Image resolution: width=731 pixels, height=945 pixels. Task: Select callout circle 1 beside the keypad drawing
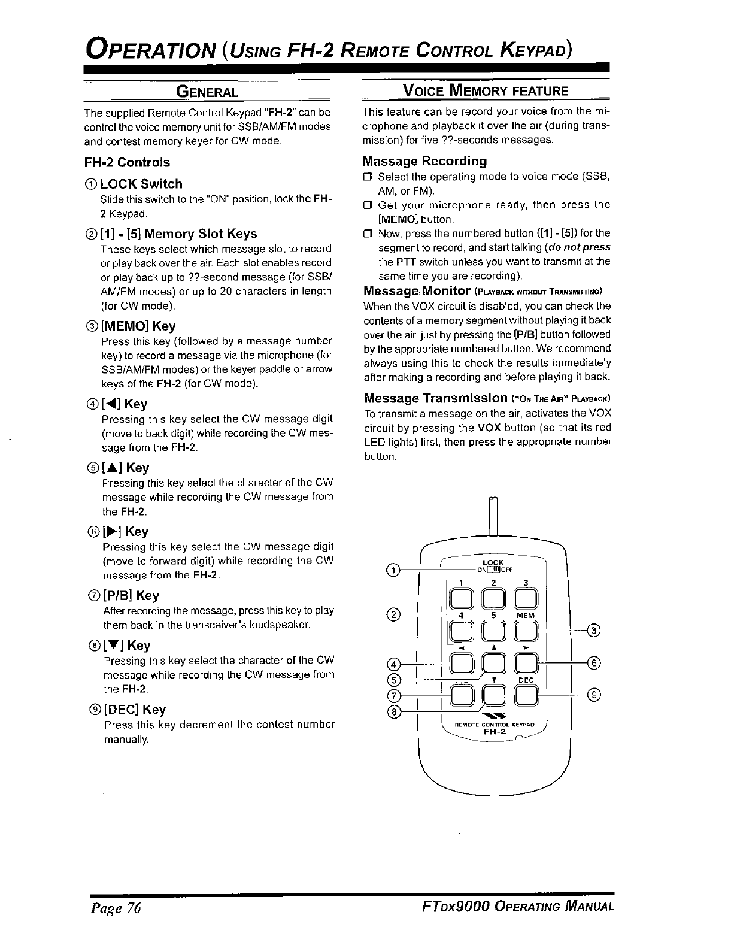(x=393, y=570)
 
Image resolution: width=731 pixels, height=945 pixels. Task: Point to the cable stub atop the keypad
(x=494, y=515)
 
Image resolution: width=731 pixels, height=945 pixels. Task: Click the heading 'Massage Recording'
(x=424, y=161)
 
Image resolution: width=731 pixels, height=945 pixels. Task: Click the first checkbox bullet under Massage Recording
(x=368, y=177)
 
